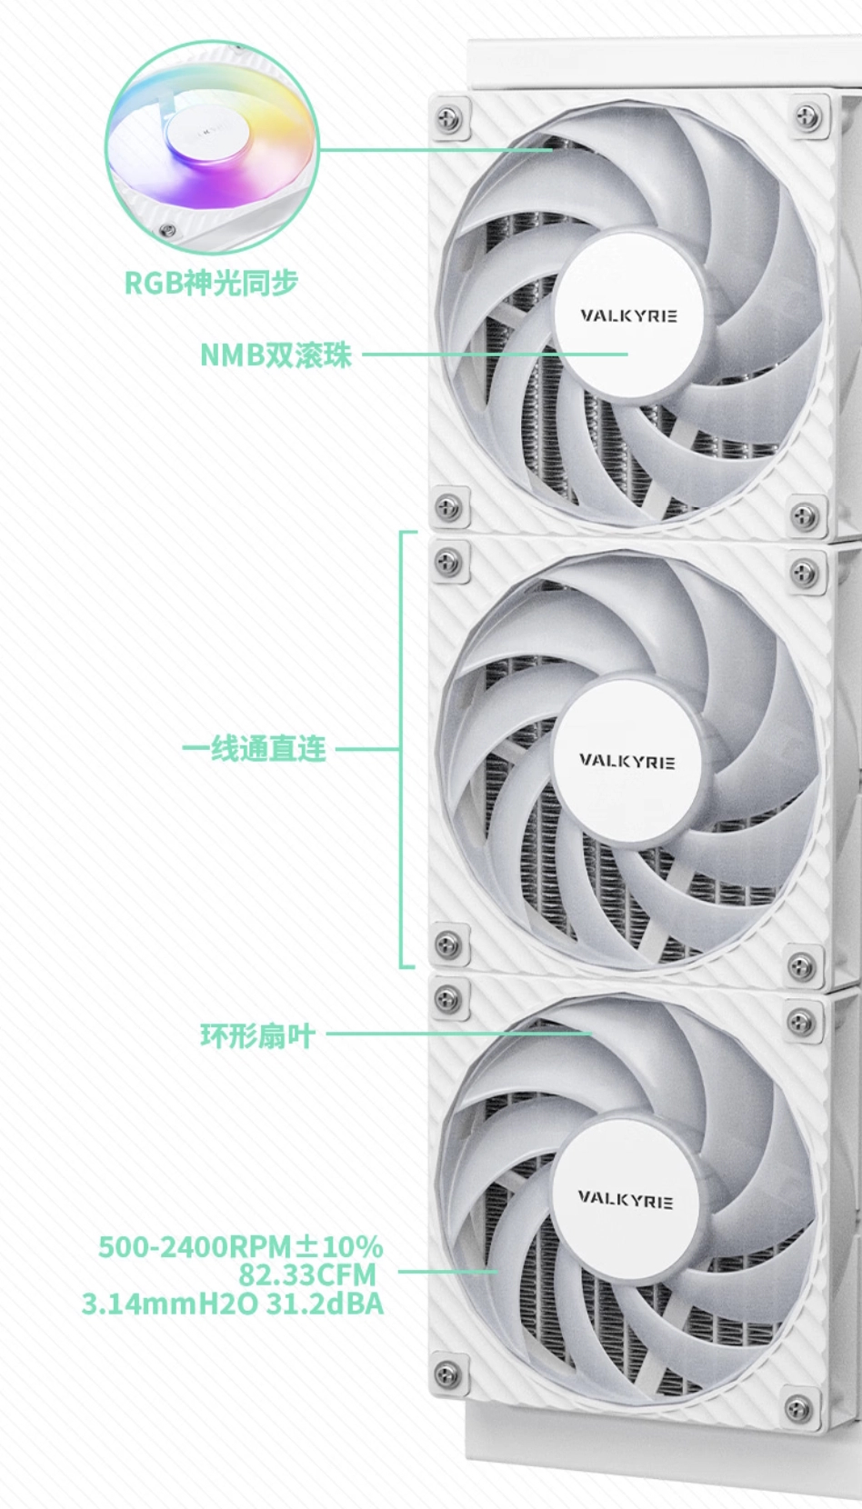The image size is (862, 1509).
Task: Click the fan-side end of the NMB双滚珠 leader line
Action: (x=627, y=354)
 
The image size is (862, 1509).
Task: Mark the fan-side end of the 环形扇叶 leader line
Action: (x=591, y=1034)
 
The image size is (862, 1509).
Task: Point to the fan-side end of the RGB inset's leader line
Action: (x=553, y=150)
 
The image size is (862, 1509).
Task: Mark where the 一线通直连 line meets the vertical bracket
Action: (x=401, y=749)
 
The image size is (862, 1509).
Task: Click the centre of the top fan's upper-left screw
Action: (x=449, y=118)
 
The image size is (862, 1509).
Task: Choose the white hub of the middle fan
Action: (x=626, y=761)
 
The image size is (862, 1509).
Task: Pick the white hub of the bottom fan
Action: (x=625, y=1200)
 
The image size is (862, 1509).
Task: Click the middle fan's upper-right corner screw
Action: (x=803, y=572)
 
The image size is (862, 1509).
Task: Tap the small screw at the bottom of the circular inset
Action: (x=166, y=231)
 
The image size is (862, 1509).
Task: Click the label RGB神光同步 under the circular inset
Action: (x=212, y=283)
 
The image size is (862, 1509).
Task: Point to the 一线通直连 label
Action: (x=254, y=749)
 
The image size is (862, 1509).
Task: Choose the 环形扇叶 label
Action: (x=257, y=1035)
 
